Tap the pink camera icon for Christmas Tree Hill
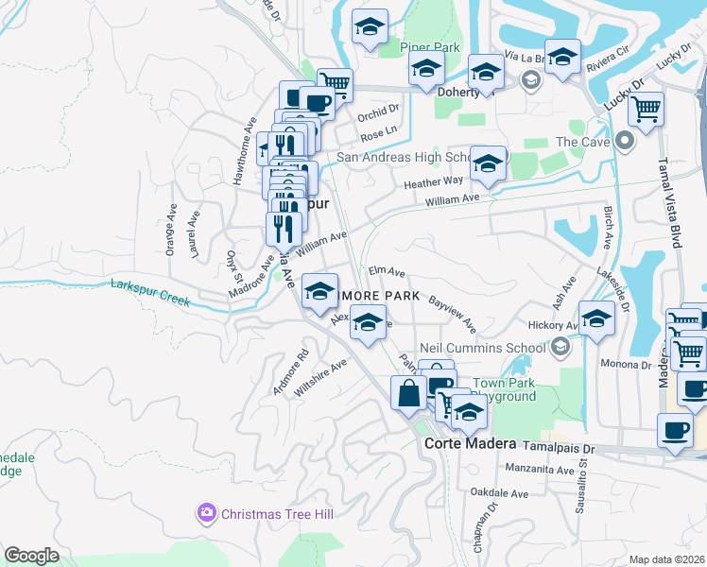[206, 513]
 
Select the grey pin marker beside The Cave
[623, 142]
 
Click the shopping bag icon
[408, 392]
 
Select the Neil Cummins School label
[481, 348]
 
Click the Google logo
[31, 555]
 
